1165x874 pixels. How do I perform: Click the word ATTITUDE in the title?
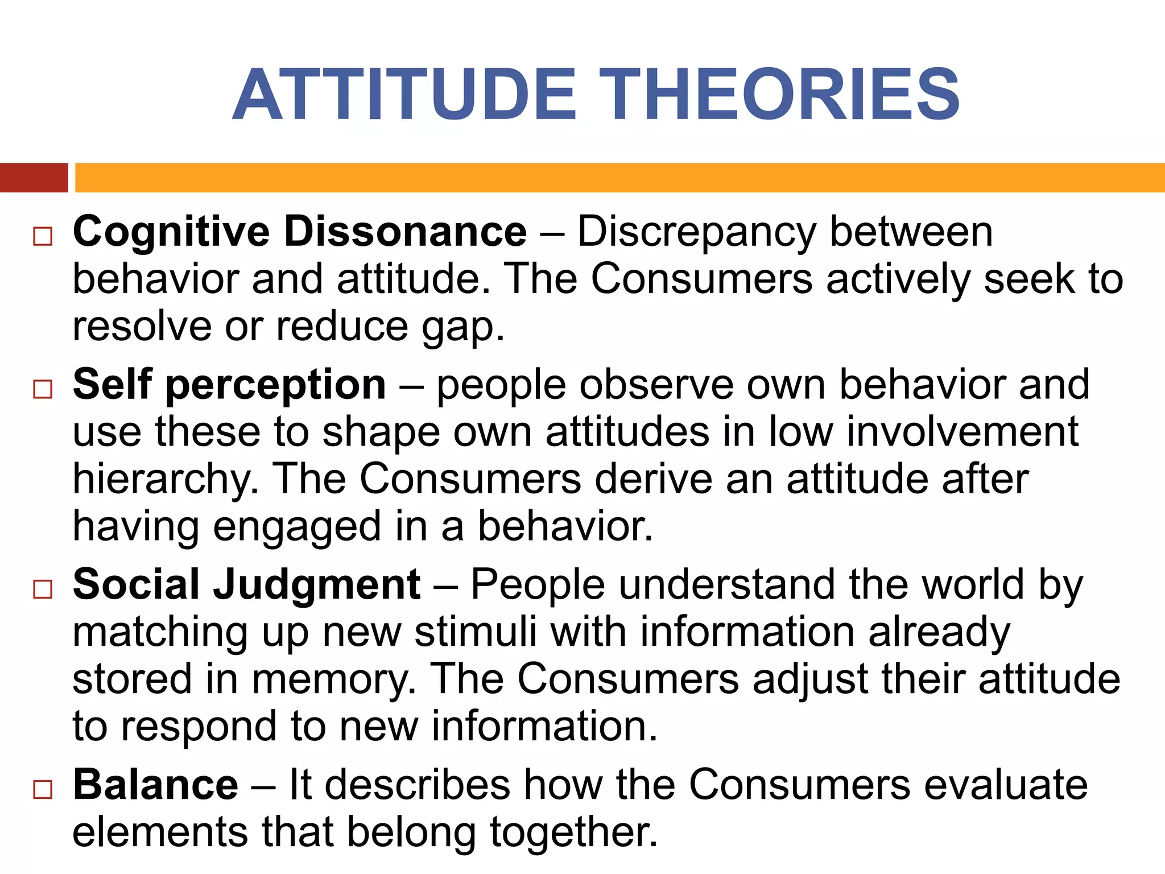coord(405,94)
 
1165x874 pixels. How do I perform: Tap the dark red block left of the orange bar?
coord(34,178)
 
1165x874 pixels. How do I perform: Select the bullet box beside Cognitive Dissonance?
coord(43,236)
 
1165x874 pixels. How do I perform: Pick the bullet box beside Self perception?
coord(43,389)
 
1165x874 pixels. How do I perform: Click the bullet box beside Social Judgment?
coord(43,589)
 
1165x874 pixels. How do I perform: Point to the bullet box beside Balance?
coord(43,789)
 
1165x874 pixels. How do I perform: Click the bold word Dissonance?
coord(405,232)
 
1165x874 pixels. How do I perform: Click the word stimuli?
coord(476,632)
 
